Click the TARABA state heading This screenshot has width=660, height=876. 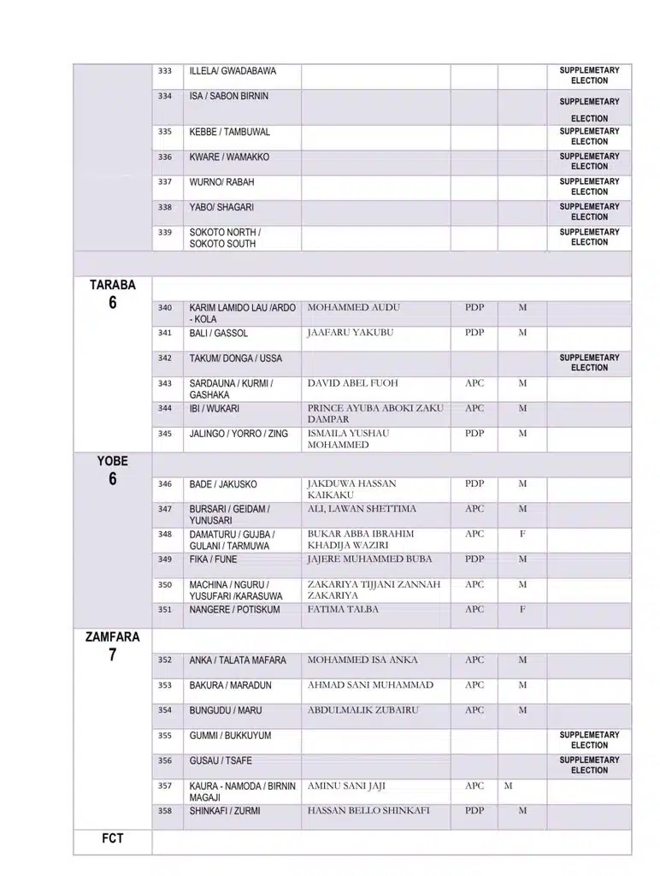(x=112, y=285)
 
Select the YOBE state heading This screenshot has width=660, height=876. (x=112, y=461)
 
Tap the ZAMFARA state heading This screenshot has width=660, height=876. (x=112, y=637)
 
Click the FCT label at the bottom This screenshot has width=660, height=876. (x=112, y=838)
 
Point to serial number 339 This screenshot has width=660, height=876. (x=165, y=232)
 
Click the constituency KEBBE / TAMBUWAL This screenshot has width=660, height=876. (x=229, y=132)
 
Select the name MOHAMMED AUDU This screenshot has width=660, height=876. (x=353, y=307)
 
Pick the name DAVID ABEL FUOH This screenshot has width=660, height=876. (x=352, y=383)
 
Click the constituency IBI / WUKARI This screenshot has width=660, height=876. (x=214, y=409)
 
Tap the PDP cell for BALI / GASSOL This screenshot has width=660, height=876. (x=474, y=333)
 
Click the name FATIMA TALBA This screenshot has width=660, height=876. (x=343, y=610)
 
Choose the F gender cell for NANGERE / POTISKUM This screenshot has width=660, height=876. (x=522, y=610)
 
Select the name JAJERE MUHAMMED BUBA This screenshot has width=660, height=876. (x=369, y=559)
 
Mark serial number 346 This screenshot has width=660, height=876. (x=165, y=484)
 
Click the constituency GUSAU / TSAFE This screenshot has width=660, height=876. (x=221, y=761)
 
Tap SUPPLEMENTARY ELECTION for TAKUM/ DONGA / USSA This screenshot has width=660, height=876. (x=589, y=363)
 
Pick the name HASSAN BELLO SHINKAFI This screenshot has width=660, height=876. (x=368, y=811)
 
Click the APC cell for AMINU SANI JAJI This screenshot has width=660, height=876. (x=474, y=785)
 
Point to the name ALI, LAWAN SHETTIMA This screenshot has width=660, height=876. (x=362, y=509)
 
